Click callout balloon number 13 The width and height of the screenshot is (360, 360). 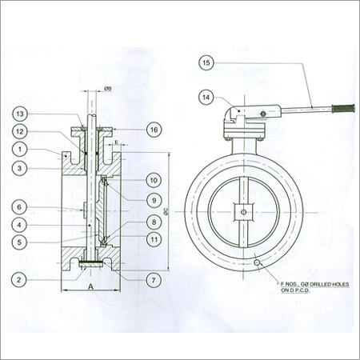point(22,114)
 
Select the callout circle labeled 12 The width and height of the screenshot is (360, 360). point(22,132)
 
